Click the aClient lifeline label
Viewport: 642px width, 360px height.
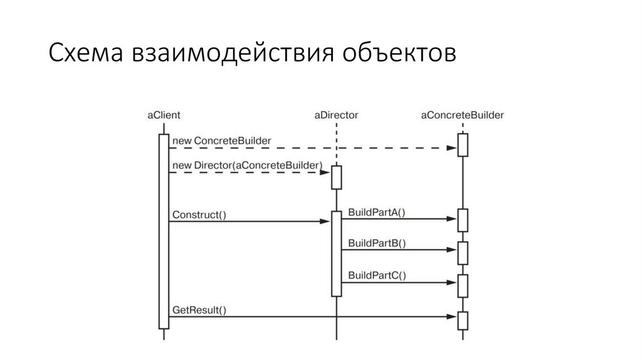[x=164, y=115]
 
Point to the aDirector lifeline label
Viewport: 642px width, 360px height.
[x=335, y=115]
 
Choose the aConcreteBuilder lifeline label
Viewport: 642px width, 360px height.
[x=463, y=115]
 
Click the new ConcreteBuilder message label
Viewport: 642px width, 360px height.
[x=221, y=140]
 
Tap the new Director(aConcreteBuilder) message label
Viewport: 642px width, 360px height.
[x=246, y=165]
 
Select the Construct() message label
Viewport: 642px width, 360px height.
[x=199, y=214]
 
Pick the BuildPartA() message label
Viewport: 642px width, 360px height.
[x=377, y=212]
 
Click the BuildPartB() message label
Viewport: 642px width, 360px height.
[x=377, y=243]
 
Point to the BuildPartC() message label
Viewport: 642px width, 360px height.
[x=377, y=275]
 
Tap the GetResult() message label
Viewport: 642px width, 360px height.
[x=199, y=310]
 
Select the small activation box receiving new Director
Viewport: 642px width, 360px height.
[x=337, y=177]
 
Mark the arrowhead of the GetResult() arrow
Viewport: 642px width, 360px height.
[x=453, y=317]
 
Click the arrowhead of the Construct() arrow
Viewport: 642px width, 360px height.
[x=327, y=221]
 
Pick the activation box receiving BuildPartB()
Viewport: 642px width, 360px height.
[x=463, y=253]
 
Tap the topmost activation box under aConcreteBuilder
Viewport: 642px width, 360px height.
[x=463, y=145]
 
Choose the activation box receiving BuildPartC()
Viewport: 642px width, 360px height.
[x=463, y=285]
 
